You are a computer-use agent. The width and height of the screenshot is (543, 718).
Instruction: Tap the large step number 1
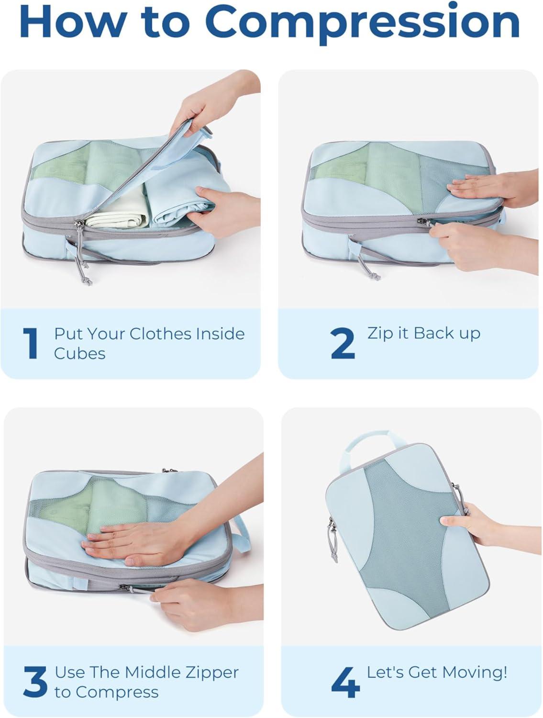pyautogui.click(x=31, y=343)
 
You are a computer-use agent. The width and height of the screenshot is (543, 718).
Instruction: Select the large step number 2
pyautogui.click(x=343, y=343)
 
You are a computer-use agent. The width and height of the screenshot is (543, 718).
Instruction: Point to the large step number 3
pyautogui.click(x=35, y=682)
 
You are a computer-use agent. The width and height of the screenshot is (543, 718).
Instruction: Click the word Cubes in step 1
pyautogui.click(x=79, y=354)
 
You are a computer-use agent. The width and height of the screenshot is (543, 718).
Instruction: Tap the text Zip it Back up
pyautogui.click(x=423, y=333)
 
